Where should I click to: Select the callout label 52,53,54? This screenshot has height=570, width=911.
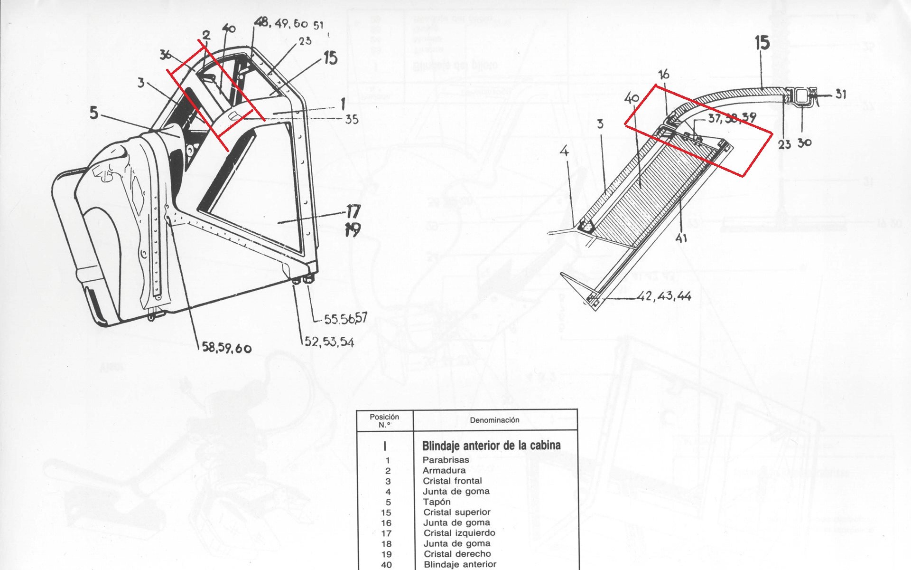(x=329, y=342)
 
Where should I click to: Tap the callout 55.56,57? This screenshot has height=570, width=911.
(x=345, y=318)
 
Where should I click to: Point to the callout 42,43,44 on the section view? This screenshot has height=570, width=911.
(x=664, y=296)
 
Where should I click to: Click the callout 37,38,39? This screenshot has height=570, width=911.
(x=731, y=118)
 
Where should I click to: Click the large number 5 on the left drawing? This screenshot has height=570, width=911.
(x=94, y=113)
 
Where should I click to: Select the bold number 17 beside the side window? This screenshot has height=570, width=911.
(x=353, y=211)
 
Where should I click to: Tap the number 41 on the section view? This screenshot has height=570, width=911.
(x=681, y=238)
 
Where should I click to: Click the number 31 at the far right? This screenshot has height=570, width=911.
(x=840, y=94)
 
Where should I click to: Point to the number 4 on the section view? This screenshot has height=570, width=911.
(x=564, y=152)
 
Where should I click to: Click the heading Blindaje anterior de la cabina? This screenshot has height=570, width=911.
(x=491, y=446)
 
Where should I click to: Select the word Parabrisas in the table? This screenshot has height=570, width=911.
(x=446, y=460)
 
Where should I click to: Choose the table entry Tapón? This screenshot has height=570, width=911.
(x=437, y=502)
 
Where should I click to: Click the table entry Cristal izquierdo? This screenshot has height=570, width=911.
(x=459, y=533)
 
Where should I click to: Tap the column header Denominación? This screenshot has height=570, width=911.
(x=494, y=420)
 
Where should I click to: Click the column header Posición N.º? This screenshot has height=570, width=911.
(x=384, y=420)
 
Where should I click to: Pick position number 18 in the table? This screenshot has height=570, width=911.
(x=386, y=544)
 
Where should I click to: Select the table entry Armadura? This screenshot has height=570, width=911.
(x=444, y=470)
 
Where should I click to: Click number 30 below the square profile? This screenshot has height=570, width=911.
(x=805, y=142)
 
